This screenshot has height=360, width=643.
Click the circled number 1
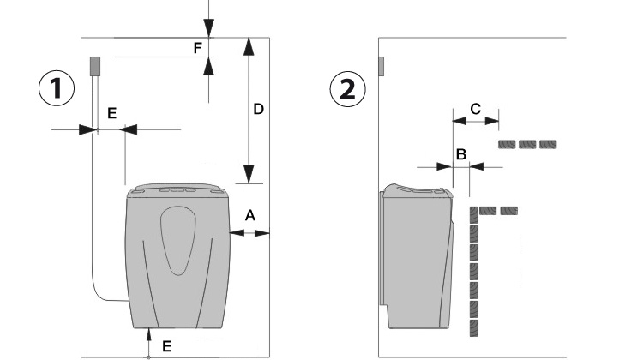tap(57, 89)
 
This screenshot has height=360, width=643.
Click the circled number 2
tap(347, 89)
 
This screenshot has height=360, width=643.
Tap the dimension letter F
tap(198, 48)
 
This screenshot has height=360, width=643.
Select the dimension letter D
tap(257, 109)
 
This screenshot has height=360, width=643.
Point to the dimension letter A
tap(249, 217)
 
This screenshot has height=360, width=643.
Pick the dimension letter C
tap(475, 108)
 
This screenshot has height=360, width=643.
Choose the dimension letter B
tap(460, 154)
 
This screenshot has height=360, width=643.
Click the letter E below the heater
tap(166, 345)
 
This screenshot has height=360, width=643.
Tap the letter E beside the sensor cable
tap(111, 113)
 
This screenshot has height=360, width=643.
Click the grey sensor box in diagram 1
tap(96, 65)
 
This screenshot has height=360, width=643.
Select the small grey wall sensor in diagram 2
tap(382, 66)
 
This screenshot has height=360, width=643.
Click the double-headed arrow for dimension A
tap(249, 232)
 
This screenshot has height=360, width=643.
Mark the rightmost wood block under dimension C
tap(547, 144)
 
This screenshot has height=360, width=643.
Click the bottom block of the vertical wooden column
tap(473, 327)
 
